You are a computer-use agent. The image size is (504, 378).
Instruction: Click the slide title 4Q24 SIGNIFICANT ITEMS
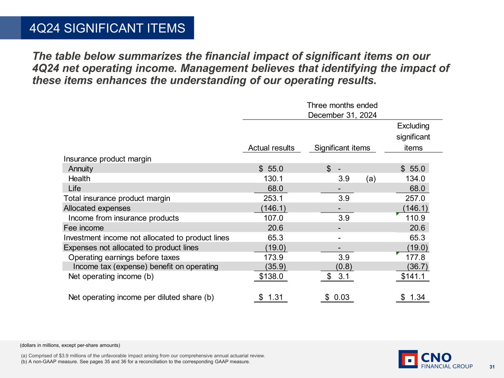[x=107, y=28]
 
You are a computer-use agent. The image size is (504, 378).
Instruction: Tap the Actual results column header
[x=271, y=148]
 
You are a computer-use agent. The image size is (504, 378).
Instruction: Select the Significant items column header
[x=342, y=148]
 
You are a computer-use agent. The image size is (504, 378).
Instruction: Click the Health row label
[x=79, y=179]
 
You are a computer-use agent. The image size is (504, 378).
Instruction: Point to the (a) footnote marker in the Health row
[x=371, y=179]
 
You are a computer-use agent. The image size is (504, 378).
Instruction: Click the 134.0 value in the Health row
[x=415, y=179]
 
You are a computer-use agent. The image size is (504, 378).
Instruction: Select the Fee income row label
[x=83, y=228]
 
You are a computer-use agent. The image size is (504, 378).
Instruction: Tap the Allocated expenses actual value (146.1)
[x=273, y=208]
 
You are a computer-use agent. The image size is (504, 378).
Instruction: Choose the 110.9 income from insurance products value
[x=415, y=218]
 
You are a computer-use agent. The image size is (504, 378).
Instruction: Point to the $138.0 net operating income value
[x=271, y=276]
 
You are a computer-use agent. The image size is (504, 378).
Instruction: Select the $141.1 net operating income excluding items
[x=413, y=276]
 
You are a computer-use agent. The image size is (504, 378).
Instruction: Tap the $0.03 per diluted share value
[x=337, y=297]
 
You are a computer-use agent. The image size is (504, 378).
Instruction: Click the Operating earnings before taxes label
[x=124, y=257]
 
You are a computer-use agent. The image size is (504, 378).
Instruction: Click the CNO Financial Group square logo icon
[x=408, y=359]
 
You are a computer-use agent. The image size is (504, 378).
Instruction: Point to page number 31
[x=492, y=367]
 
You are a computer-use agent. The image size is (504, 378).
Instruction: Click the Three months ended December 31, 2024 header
[x=342, y=110]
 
